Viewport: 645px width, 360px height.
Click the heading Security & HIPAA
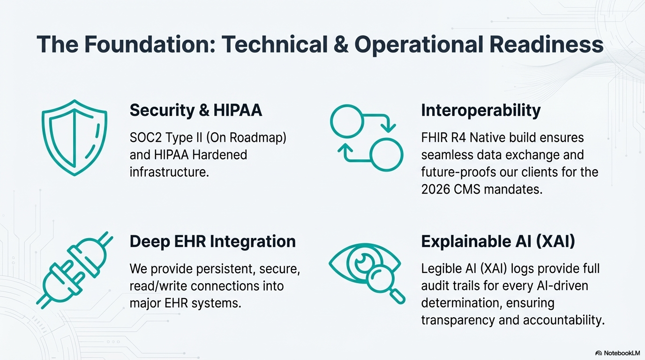pyautogui.click(x=195, y=110)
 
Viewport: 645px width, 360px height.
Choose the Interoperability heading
pyautogui.click(x=480, y=110)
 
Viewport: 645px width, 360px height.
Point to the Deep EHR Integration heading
pyautogui.click(x=212, y=241)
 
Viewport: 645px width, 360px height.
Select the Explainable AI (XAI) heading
pyautogui.click(x=498, y=241)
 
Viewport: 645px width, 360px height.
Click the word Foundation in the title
pyautogui.click(x=143, y=45)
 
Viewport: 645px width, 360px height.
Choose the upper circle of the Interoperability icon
pyautogui.click(x=347, y=120)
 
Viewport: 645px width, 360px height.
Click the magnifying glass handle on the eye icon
pyautogui.click(x=397, y=296)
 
